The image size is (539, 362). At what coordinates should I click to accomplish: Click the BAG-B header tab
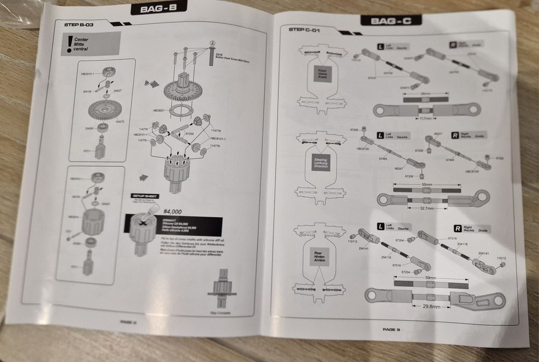click(158, 8)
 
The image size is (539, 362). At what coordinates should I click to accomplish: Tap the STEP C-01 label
click(305, 30)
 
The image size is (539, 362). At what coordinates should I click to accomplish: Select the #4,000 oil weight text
click(172, 211)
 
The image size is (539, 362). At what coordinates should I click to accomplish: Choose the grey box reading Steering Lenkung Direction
click(320, 163)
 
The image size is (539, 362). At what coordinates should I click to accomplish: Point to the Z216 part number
click(218, 54)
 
